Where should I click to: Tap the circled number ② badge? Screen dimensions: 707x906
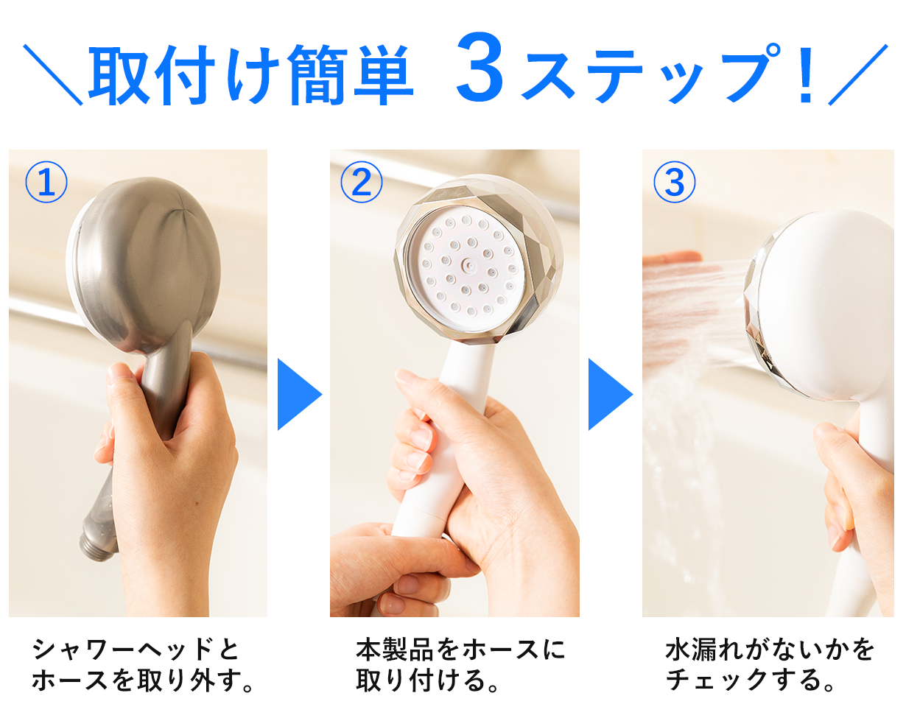coord(361,183)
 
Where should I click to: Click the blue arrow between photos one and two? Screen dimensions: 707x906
coord(298,395)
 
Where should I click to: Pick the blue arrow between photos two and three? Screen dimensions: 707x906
coord(609,395)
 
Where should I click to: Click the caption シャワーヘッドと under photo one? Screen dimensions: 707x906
coord(136,650)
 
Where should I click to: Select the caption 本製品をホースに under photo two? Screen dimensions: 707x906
coord(460,650)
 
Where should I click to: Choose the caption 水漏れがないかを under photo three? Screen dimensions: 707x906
coord(770,650)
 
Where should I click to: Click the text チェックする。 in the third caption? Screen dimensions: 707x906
coord(751,680)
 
